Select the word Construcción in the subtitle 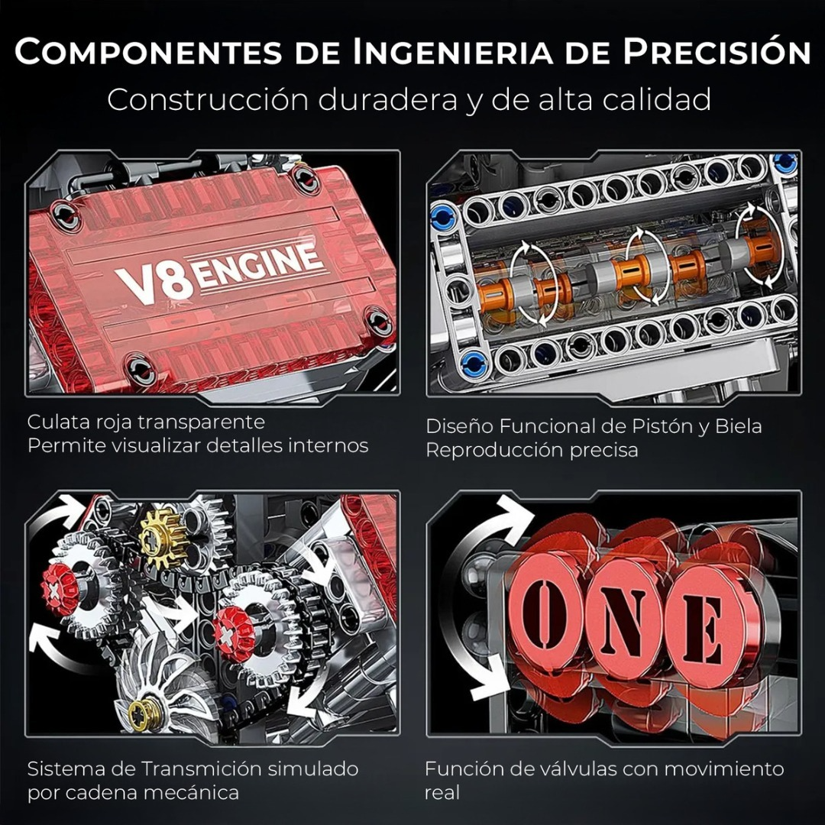tap(206, 99)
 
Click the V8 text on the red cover tap(154, 283)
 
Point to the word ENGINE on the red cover tap(260, 266)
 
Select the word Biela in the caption tap(738, 425)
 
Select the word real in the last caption tap(442, 793)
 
